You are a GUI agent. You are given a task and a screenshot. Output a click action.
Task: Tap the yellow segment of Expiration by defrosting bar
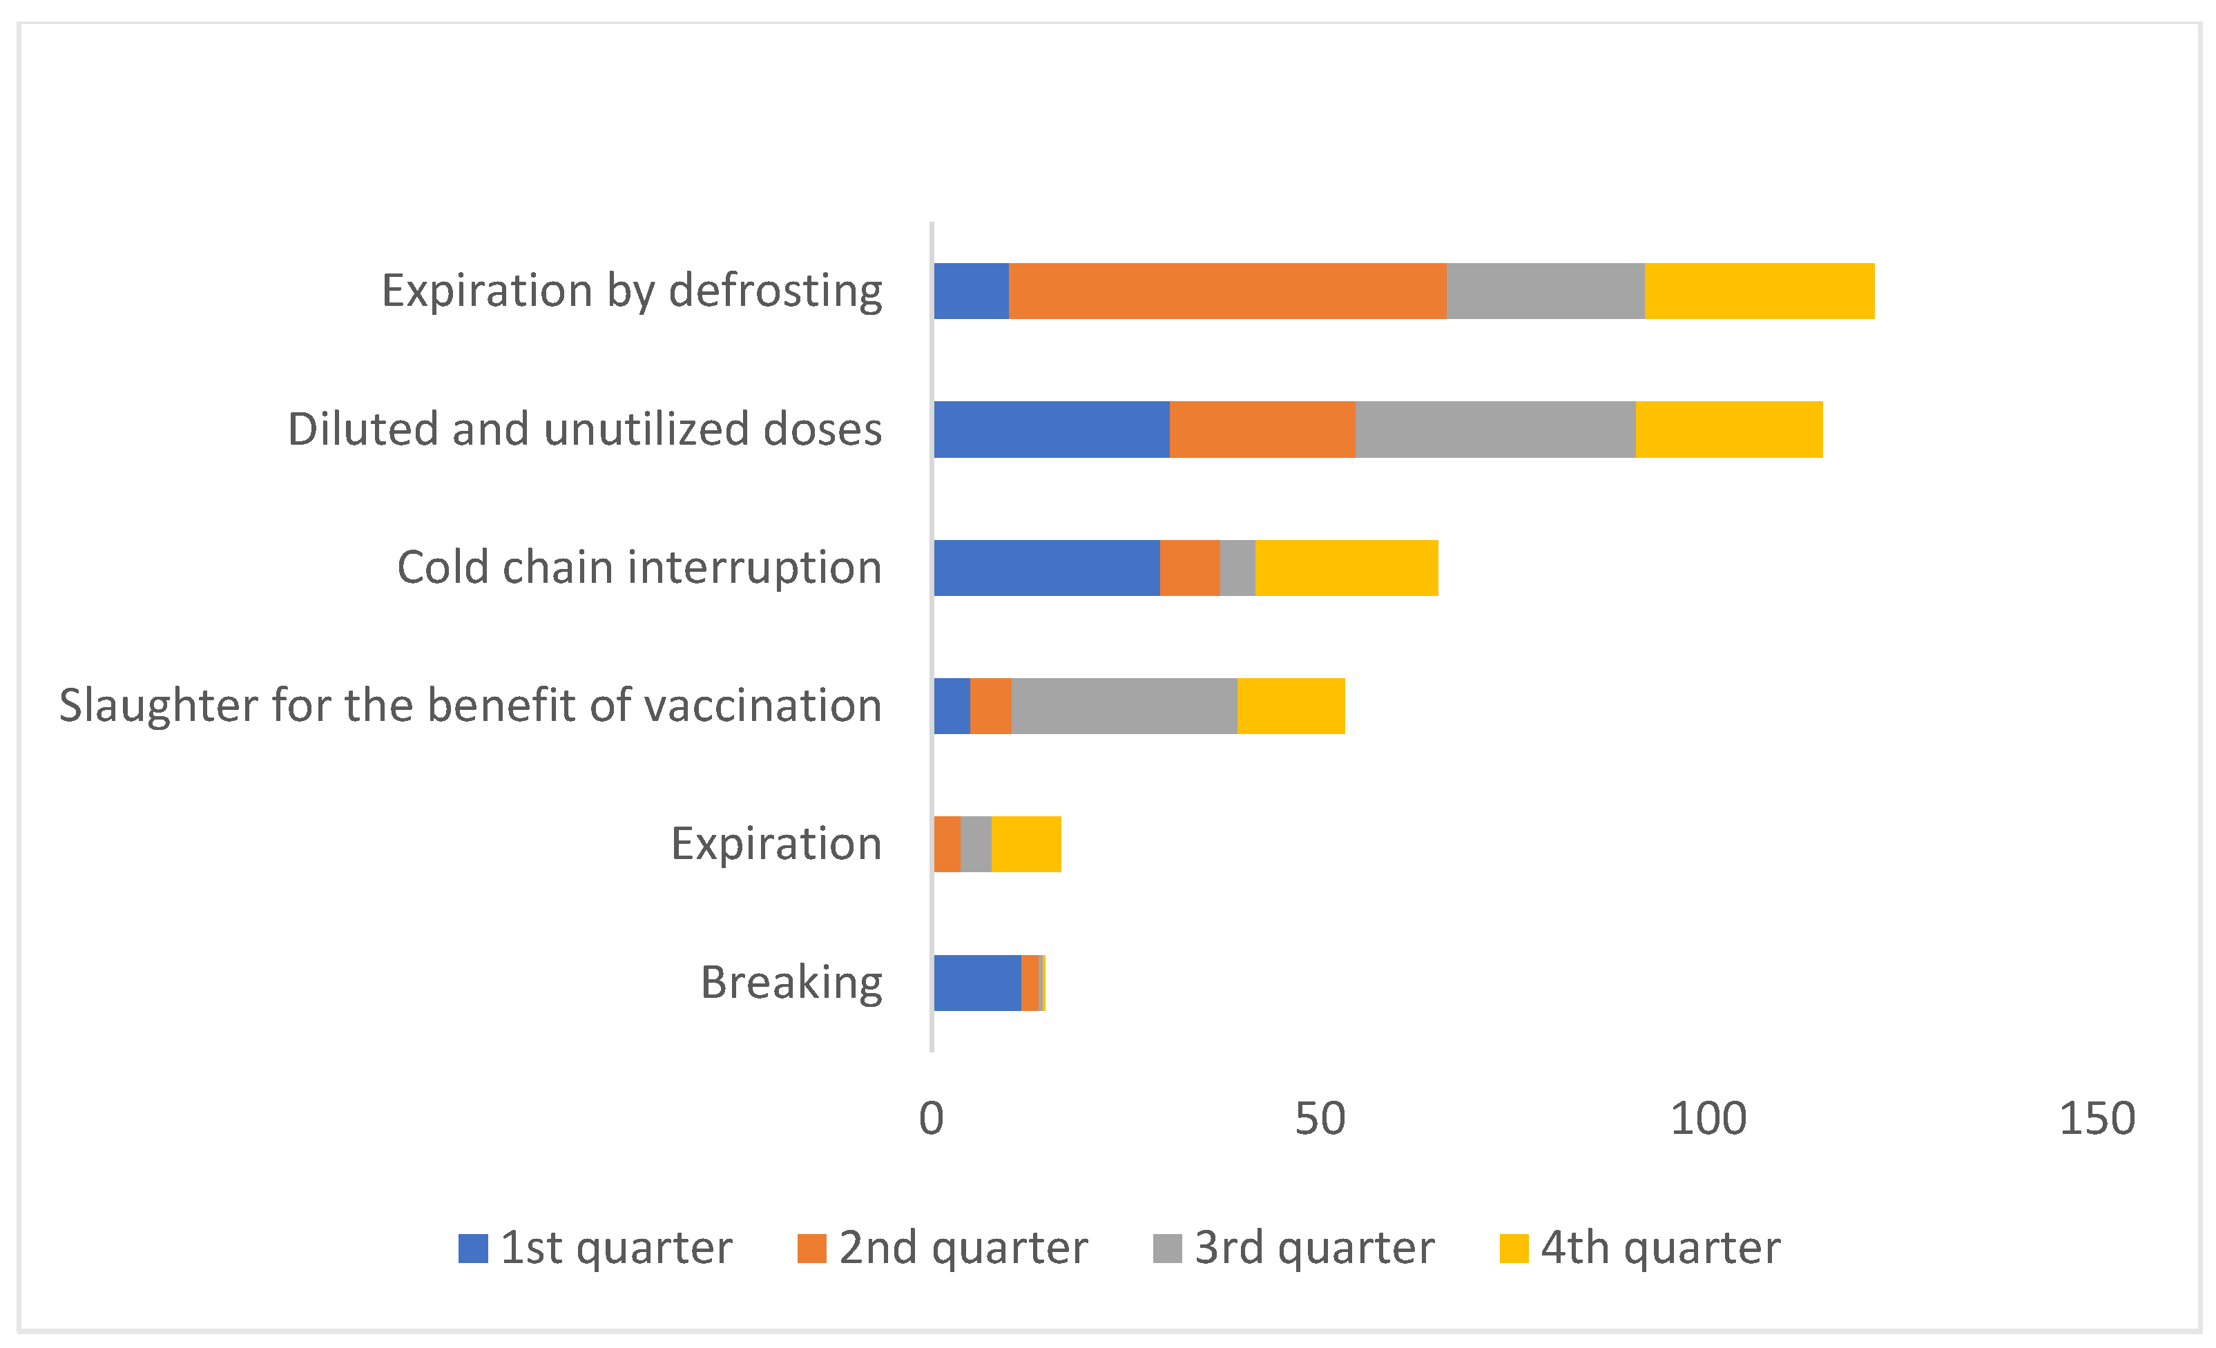pos(1758,291)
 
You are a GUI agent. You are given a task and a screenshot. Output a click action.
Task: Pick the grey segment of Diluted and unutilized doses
pos(1495,429)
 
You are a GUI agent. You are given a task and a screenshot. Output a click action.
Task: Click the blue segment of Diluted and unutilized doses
pos(1050,429)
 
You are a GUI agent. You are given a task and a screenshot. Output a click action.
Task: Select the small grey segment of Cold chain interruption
pos(1237,568)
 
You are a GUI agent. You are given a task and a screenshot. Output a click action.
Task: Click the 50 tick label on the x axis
pos(1320,1119)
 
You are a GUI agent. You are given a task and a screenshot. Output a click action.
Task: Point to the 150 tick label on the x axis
pos(2097,1119)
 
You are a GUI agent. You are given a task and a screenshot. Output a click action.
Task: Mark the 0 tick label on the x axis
pos(931,1119)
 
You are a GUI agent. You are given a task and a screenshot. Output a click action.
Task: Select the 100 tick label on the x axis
pos(1708,1119)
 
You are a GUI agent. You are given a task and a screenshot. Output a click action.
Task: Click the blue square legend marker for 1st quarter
pos(472,1248)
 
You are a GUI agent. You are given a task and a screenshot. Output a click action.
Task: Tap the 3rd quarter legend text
pos(1314,1248)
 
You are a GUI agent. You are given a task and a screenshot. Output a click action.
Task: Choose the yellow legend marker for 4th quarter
pos(1514,1248)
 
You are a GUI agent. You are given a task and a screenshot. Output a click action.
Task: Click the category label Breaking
pos(791,982)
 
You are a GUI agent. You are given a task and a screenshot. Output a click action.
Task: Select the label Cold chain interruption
pos(639,568)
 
